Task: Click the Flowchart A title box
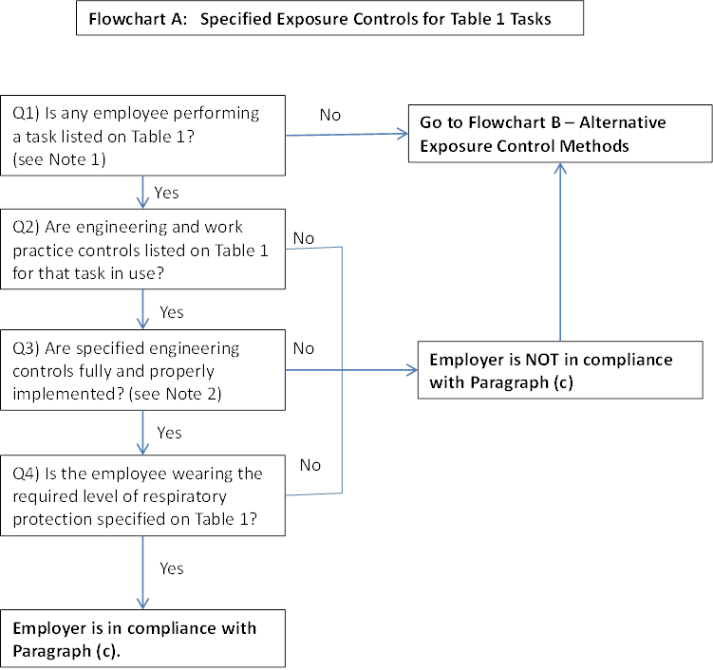(x=329, y=19)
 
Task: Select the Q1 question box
(x=142, y=136)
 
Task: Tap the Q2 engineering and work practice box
(x=142, y=250)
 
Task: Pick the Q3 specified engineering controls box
(x=142, y=370)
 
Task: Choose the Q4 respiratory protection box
(x=142, y=495)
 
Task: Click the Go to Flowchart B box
(x=560, y=134)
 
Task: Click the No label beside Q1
(x=329, y=115)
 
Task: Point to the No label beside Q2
(x=304, y=238)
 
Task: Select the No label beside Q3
(x=304, y=348)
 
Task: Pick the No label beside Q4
(x=310, y=465)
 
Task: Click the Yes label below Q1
(x=166, y=193)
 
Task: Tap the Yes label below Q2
(x=171, y=312)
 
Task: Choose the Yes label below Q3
(x=169, y=433)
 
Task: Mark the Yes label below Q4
(x=172, y=568)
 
